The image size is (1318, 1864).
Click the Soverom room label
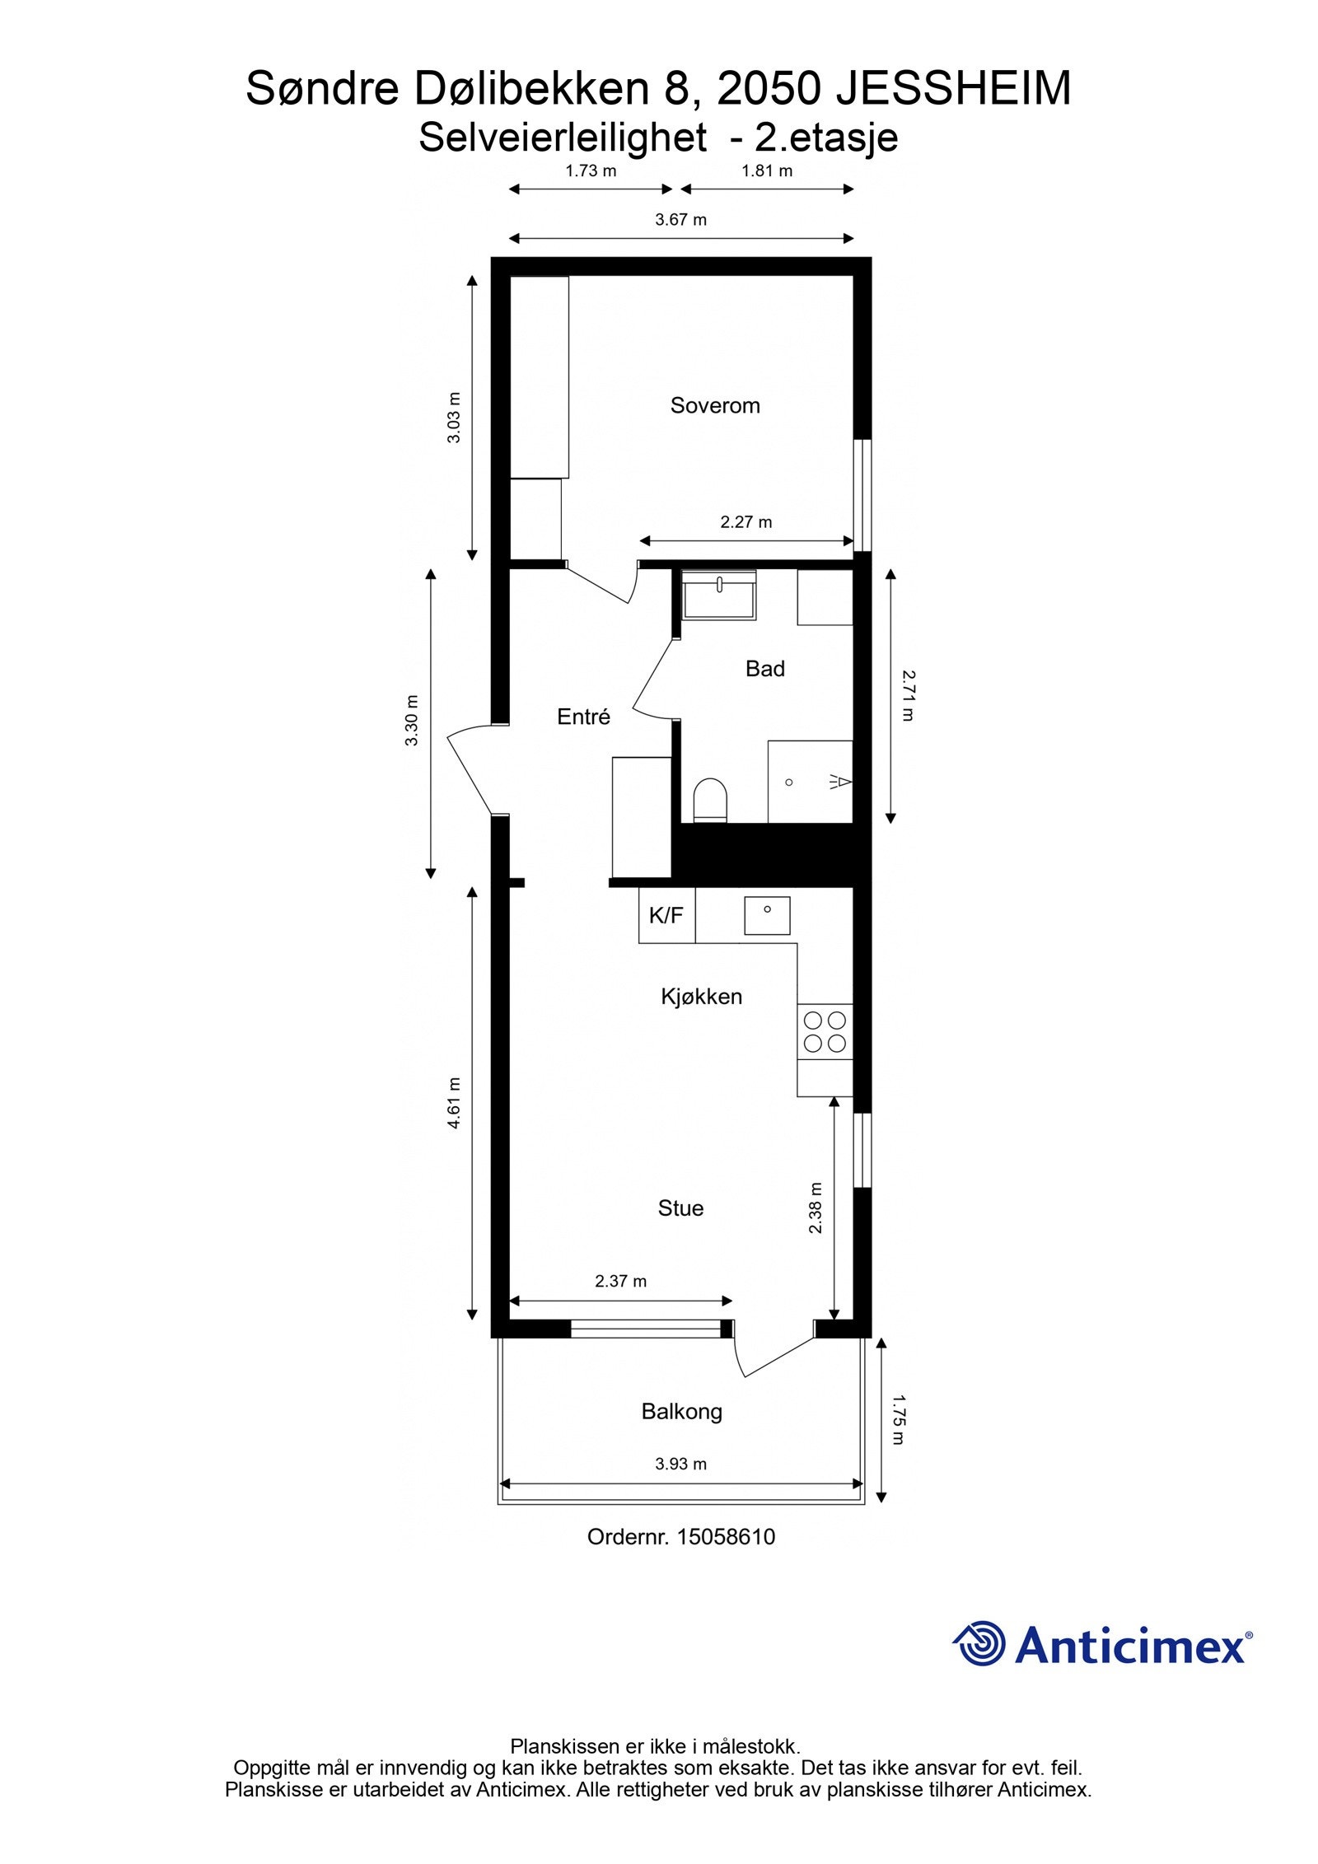(x=714, y=405)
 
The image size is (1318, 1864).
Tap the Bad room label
(x=764, y=668)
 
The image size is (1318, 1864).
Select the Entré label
(x=583, y=717)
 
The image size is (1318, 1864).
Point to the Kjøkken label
(x=701, y=996)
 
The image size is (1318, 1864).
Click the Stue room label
(x=680, y=1208)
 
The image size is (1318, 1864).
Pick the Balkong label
(x=681, y=1411)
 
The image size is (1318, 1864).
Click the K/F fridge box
(x=666, y=915)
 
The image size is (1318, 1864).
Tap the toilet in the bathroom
(x=710, y=800)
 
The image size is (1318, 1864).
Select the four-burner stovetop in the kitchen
(x=825, y=1031)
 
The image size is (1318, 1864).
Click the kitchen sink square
(x=767, y=915)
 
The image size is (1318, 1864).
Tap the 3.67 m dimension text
(x=680, y=220)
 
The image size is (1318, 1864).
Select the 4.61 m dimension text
(x=454, y=1102)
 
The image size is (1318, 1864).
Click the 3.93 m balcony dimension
(x=680, y=1464)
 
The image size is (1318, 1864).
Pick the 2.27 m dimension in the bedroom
(x=745, y=521)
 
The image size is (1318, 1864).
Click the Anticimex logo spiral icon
(x=980, y=1643)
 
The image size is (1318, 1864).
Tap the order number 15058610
(x=726, y=1536)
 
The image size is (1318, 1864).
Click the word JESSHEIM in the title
(x=953, y=89)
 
